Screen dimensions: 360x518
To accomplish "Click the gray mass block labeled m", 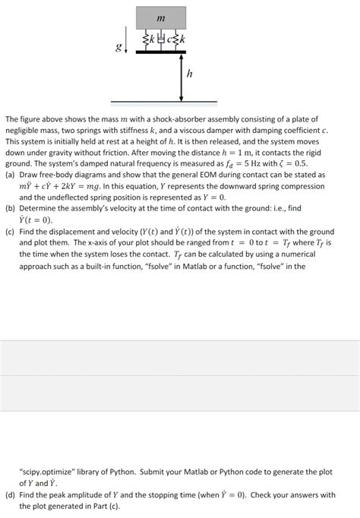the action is pyautogui.click(x=161, y=17).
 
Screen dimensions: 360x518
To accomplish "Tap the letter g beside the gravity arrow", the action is pyautogui.click(x=117, y=48).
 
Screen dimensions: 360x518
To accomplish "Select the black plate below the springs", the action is pyautogui.click(x=161, y=52).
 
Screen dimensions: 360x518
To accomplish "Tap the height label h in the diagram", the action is pyautogui.click(x=190, y=75).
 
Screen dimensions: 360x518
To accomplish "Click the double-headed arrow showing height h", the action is pyautogui.click(x=181, y=76).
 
